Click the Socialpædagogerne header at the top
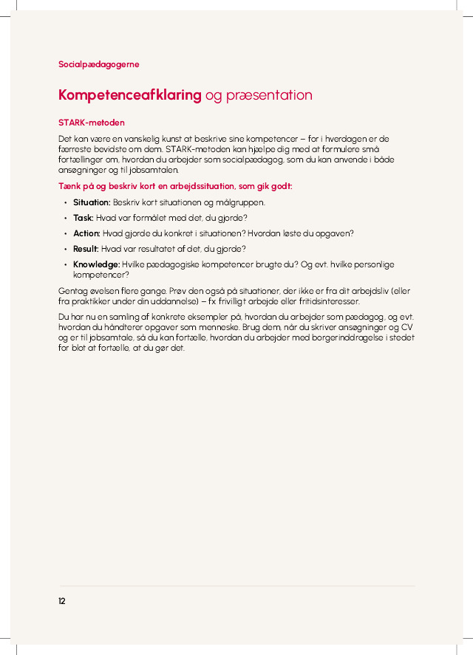click(98, 64)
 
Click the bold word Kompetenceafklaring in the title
click(129, 95)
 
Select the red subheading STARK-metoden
click(91, 123)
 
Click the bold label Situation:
click(92, 202)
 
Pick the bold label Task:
click(84, 218)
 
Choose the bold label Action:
click(86, 233)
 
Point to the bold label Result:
click(86, 249)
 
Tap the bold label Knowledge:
click(96, 264)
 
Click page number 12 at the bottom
click(62, 601)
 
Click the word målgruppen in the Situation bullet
click(243, 202)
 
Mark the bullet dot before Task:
click(65, 218)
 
